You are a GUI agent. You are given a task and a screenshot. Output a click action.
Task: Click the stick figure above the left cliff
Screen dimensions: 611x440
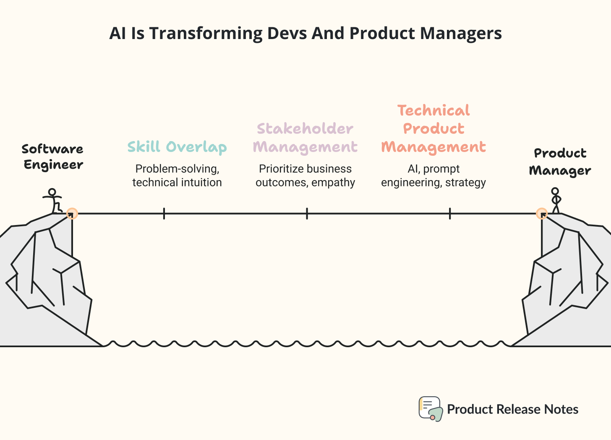pos(53,201)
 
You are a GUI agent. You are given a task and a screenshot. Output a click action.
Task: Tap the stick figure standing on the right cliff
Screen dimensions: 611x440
pos(555,201)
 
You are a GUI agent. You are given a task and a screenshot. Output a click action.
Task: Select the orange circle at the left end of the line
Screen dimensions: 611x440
pos(72,214)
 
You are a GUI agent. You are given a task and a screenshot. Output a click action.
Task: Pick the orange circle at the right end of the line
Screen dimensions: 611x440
pos(542,214)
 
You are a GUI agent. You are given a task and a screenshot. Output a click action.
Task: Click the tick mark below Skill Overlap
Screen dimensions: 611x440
pos(164,214)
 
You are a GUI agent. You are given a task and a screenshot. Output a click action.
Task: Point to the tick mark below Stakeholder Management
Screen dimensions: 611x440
pos(307,214)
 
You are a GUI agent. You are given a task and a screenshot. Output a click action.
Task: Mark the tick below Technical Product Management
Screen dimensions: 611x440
pos(450,214)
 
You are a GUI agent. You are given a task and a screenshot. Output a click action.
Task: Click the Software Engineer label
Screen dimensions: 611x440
pos(53,157)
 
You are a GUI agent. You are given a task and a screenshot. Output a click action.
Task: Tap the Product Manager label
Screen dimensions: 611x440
pos(560,162)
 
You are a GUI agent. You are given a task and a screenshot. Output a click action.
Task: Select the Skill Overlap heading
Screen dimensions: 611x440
pos(177,147)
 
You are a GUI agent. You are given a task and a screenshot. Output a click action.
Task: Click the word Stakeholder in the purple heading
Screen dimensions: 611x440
pos(305,128)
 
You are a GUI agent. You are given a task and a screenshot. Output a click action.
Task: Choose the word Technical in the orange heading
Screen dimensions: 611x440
pos(433,110)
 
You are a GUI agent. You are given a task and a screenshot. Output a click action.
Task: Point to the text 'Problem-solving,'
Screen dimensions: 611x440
pos(177,169)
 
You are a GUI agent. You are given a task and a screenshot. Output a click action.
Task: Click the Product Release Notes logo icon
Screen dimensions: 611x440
pos(430,409)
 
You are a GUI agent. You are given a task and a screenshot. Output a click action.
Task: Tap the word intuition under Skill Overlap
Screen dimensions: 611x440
pos(199,183)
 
